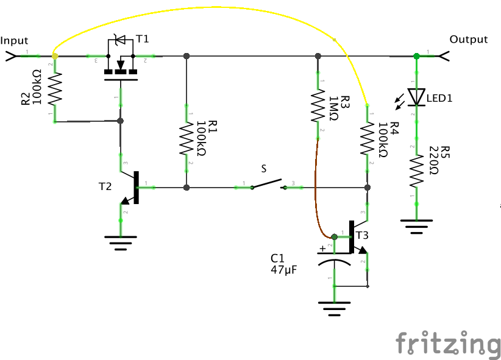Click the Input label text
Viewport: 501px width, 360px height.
coord(15,41)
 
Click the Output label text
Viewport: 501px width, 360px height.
coord(468,40)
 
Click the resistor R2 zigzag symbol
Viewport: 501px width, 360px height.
coord(55,89)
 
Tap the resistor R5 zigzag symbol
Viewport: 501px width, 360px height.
coord(417,171)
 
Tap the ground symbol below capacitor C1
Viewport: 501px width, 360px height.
coord(333,308)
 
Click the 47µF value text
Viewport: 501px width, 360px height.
coord(283,269)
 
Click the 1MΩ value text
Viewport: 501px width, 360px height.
coord(334,110)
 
